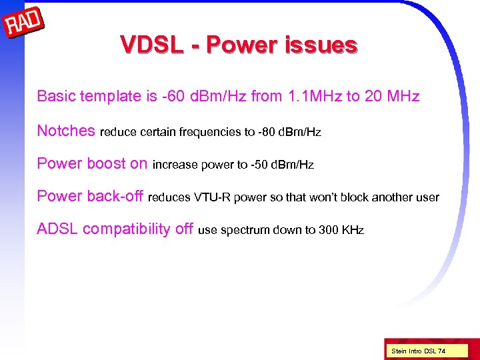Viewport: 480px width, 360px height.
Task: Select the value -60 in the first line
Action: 171,97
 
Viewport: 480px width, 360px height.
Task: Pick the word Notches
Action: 66,131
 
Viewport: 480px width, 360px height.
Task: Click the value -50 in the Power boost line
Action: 260,165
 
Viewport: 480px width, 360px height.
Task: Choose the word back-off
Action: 115,196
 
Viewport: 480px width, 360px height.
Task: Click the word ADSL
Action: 57,229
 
